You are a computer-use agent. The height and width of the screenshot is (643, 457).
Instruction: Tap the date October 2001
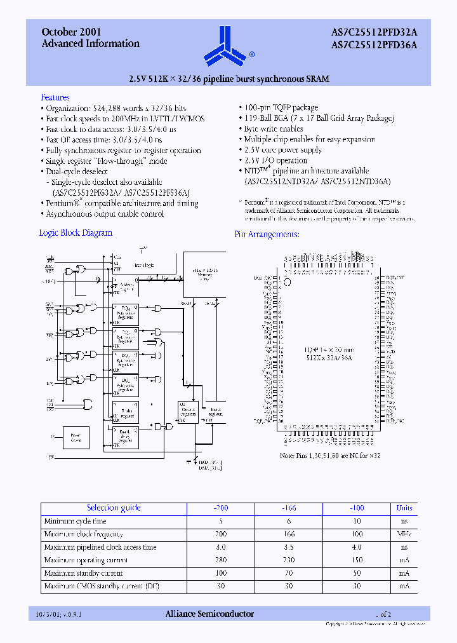click(x=71, y=32)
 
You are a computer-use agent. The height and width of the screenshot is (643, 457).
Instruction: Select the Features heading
click(x=55, y=97)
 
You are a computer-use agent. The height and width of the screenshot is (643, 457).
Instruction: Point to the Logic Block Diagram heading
click(x=76, y=233)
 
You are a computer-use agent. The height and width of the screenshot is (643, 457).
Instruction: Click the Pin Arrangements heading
click(x=267, y=234)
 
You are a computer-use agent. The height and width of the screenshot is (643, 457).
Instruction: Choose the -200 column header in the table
click(x=220, y=508)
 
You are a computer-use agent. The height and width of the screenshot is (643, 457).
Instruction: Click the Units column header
click(x=404, y=508)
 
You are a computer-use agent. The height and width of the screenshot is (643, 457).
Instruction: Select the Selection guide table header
click(x=114, y=508)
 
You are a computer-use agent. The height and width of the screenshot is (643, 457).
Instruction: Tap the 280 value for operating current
click(x=220, y=560)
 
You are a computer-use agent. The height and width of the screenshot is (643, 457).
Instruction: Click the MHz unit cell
click(x=404, y=534)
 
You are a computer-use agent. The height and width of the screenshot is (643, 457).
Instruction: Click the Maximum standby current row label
click(x=83, y=574)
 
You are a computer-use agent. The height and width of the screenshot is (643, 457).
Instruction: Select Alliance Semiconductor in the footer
click(x=209, y=614)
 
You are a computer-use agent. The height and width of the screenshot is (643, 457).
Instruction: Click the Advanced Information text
click(x=90, y=43)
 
